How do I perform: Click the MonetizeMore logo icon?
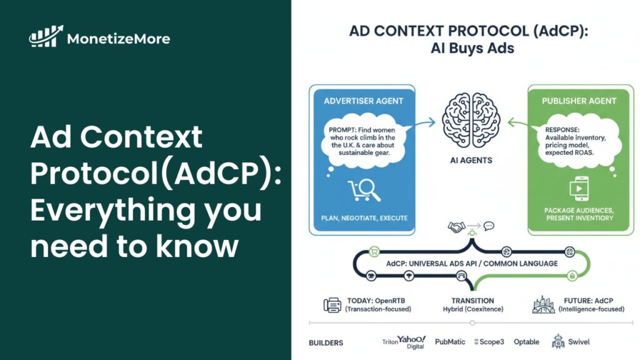(x=46, y=37)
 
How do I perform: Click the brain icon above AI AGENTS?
(x=472, y=119)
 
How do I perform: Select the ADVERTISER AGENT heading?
(x=364, y=101)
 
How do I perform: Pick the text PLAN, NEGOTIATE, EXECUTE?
(x=364, y=218)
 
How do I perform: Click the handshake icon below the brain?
(x=456, y=226)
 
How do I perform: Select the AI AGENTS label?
(x=471, y=161)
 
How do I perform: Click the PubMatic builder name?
(x=449, y=342)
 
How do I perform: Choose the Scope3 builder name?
(x=490, y=342)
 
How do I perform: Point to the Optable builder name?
(x=526, y=342)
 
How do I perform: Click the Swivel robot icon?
(x=558, y=341)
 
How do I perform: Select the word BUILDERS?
(x=326, y=342)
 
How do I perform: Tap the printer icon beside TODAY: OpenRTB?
(x=332, y=304)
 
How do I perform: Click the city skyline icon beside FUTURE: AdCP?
(x=543, y=304)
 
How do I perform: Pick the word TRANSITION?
(x=472, y=301)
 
